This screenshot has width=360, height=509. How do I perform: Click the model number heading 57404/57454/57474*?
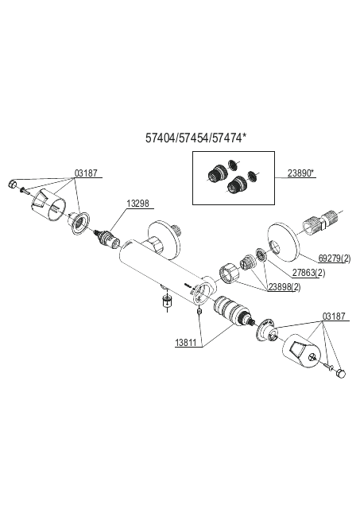tap(195, 138)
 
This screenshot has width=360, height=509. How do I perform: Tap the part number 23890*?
tap(301, 173)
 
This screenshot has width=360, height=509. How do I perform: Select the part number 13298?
tap(137, 204)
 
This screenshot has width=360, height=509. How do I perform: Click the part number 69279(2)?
tap(335, 258)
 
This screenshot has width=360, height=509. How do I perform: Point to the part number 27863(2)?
tap(308, 273)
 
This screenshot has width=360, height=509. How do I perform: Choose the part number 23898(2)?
tap(285, 287)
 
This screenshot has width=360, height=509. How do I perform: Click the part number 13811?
tap(186, 343)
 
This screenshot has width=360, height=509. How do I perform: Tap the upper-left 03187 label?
tap(86, 173)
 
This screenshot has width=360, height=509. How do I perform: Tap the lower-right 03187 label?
tap(334, 317)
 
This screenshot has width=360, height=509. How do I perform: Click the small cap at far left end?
tap(12, 184)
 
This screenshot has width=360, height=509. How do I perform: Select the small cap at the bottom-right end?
tap(341, 373)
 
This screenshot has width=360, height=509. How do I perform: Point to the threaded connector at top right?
tap(319, 223)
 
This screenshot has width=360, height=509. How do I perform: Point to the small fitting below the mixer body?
tap(167, 301)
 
